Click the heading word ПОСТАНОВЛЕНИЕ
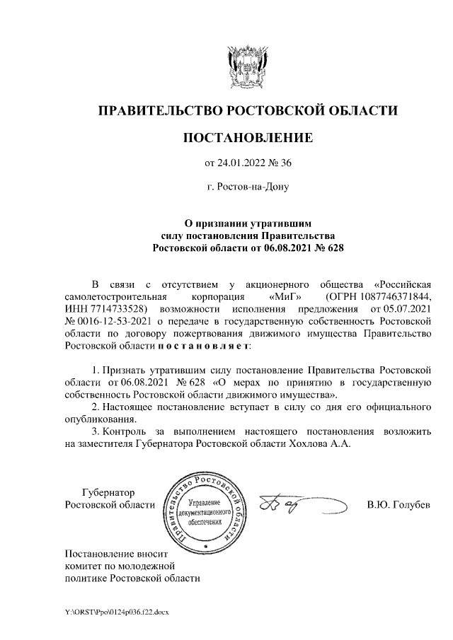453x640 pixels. [x=247, y=137]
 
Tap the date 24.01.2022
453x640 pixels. [x=242, y=164]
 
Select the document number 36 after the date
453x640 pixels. [x=286, y=164]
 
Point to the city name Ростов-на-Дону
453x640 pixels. [x=248, y=187]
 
